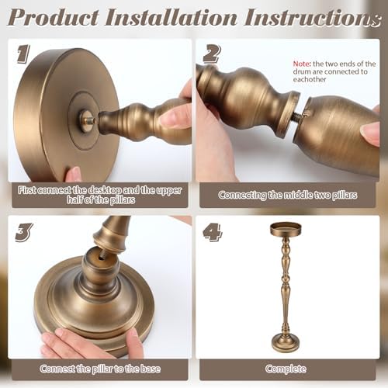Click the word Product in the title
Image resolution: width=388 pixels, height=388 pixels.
click(54, 17)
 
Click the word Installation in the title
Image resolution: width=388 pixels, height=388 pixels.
click(171, 17)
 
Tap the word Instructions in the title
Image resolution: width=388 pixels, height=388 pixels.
click(313, 17)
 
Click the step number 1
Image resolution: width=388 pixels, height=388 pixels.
click(23, 54)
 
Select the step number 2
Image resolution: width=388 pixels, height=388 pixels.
click(212, 54)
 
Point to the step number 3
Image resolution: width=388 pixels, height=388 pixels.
click(24, 232)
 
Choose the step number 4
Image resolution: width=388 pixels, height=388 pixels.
click(213, 232)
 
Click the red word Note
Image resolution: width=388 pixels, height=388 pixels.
click(302, 64)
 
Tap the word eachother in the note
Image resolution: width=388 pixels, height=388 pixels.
click(310, 79)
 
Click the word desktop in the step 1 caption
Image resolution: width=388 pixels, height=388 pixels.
click(105, 190)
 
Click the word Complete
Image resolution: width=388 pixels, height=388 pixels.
click(286, 369)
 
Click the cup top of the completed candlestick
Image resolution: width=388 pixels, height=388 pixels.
click(286, 230)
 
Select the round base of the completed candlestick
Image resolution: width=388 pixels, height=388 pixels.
click(286, 342)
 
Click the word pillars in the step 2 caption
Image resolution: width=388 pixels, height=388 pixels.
click(345, 195)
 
